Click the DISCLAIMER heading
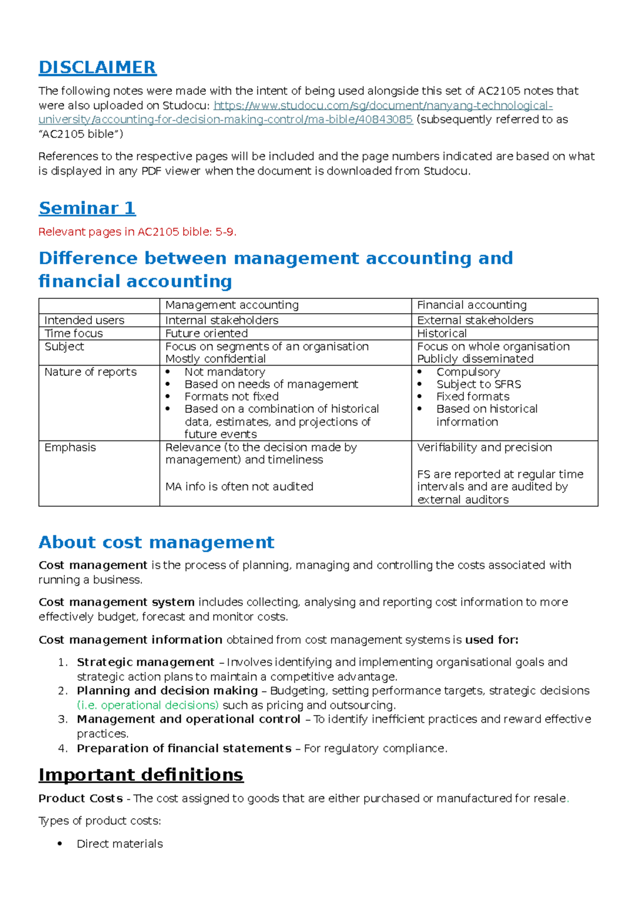[x=97, y=67]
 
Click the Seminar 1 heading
[x=87, y=208]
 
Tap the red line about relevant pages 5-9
[x=137, y=232]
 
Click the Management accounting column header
[x=232, y=305]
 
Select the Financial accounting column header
[x=471, y=305]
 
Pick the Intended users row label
[x=84, y=320]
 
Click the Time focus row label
[x=73, y=333]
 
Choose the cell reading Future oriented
[x=206, y=333]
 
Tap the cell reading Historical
[x=442, y=333]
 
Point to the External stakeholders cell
[x=475, y=320]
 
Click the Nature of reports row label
[x=90, y=372]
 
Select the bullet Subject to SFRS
[x=478, y=384]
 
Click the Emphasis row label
[x=70, y=447]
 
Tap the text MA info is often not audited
[x=239, y=487]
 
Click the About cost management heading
[x=157, y=542]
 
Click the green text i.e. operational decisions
[x=148, y=705]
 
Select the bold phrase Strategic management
[x=145, y=662]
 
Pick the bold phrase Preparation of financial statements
[x=184, y=748]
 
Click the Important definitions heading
[x=141, y=775]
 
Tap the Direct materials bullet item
[x=119, y=844]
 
